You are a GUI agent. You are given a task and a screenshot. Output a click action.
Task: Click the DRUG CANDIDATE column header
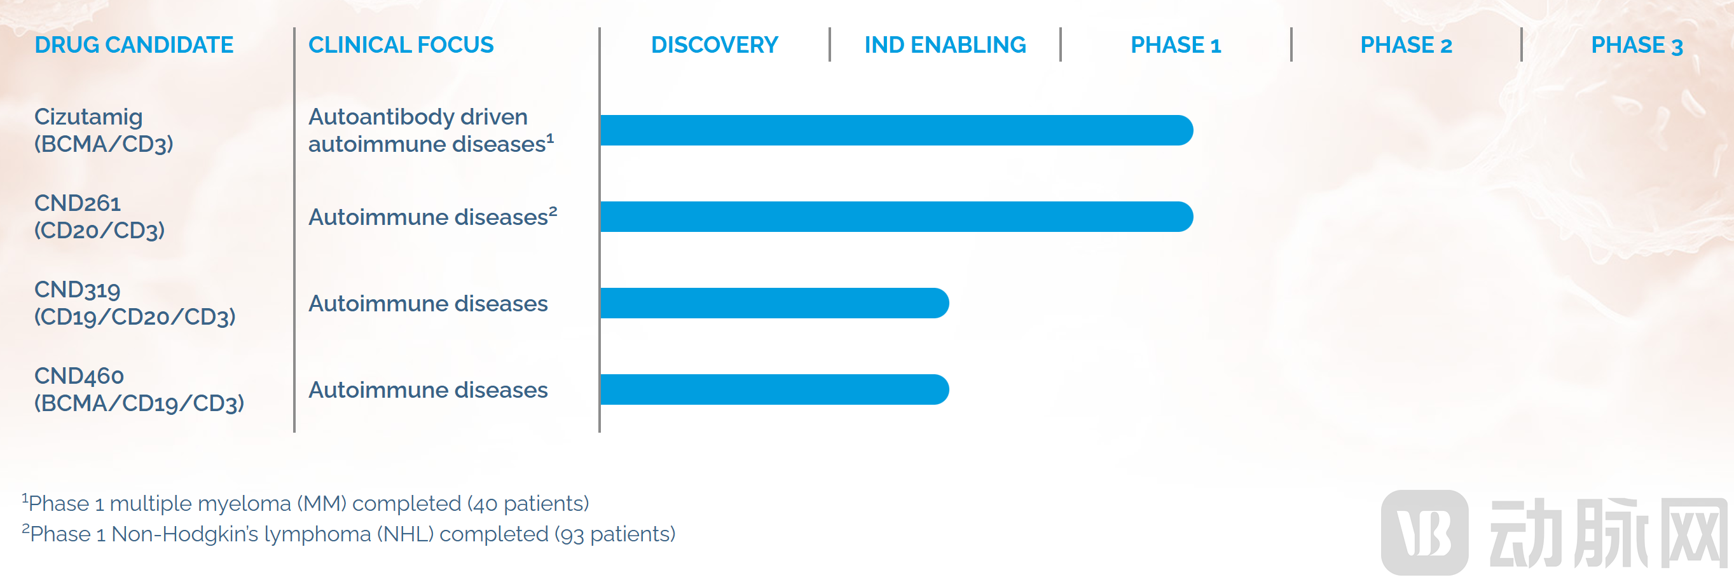pyautogui.click(x=134, y=45)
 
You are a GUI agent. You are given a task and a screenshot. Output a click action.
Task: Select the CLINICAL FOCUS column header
pyautogui.click(x=401, y=45)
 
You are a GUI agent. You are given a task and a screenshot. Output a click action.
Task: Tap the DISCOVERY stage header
pyautogui.click(x=714, y=45)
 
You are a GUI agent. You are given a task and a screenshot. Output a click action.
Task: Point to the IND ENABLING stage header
pyautogui.click(x=945, y=45)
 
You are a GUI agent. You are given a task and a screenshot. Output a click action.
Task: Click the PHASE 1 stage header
pyautogui.click(x=1175, y=45)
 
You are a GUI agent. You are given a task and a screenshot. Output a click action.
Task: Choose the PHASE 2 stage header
pyautogui.click(x=1406, y=45)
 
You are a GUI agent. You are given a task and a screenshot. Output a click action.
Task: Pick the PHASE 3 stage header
pyautogui.click(x=1637, y=45)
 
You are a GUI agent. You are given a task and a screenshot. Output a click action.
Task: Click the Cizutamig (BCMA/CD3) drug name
pyautogui.click(x=104, y=130)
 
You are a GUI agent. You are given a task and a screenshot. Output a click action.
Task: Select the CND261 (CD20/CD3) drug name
pyautogui.click(x=100, y=217)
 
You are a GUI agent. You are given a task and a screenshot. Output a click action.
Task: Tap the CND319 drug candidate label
pyautogui.click(x=135, y=303)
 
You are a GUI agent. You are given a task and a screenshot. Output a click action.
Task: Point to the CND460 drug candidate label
pyautogui.click(x=139, y=389)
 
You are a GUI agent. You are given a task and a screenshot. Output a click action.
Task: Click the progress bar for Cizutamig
pyautogui.click(x=897, y=130)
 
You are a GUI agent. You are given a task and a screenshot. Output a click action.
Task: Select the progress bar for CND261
pyautogui.click(x=897, y=217)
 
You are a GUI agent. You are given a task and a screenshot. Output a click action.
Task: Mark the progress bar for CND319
pyautogui.click(x=774, y=303)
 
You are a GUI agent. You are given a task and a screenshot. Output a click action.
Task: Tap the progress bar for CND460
pyautogui.click(x=774, y=389)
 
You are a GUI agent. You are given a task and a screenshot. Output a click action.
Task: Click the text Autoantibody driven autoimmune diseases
pyautogui.click(x=431, y=130)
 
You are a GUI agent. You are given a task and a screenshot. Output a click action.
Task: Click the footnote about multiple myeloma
pyautogui.click(x=306, y=503)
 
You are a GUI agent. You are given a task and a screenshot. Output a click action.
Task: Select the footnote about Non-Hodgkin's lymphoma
pyautogui.click(x=348, y=534)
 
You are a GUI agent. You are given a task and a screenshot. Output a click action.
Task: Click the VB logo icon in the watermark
pyautogui.click(x=1424, y=533)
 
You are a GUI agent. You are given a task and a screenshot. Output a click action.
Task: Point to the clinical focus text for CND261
pyautogui.click(x=433, y=217)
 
